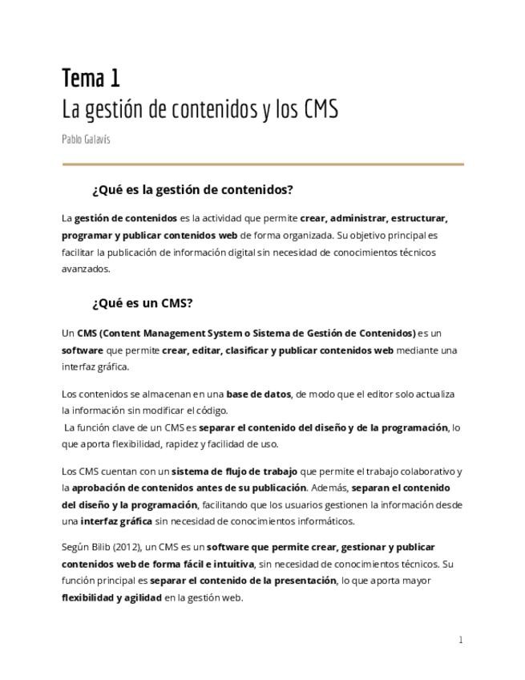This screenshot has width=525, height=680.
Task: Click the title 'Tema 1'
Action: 91,78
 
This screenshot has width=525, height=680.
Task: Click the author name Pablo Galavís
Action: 86,139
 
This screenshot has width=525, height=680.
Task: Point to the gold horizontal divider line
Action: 263,164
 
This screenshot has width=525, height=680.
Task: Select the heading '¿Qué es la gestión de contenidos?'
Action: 192,190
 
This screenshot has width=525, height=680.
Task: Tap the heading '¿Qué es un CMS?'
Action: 142,303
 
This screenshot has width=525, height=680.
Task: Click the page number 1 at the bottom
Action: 461,639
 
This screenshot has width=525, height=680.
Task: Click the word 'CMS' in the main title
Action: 321,108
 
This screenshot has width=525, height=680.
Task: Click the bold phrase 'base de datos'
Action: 258,394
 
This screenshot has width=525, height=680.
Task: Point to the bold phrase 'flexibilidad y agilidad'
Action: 111,597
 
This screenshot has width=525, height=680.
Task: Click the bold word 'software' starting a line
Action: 82,350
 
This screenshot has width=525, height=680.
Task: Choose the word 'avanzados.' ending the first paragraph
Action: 86,269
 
